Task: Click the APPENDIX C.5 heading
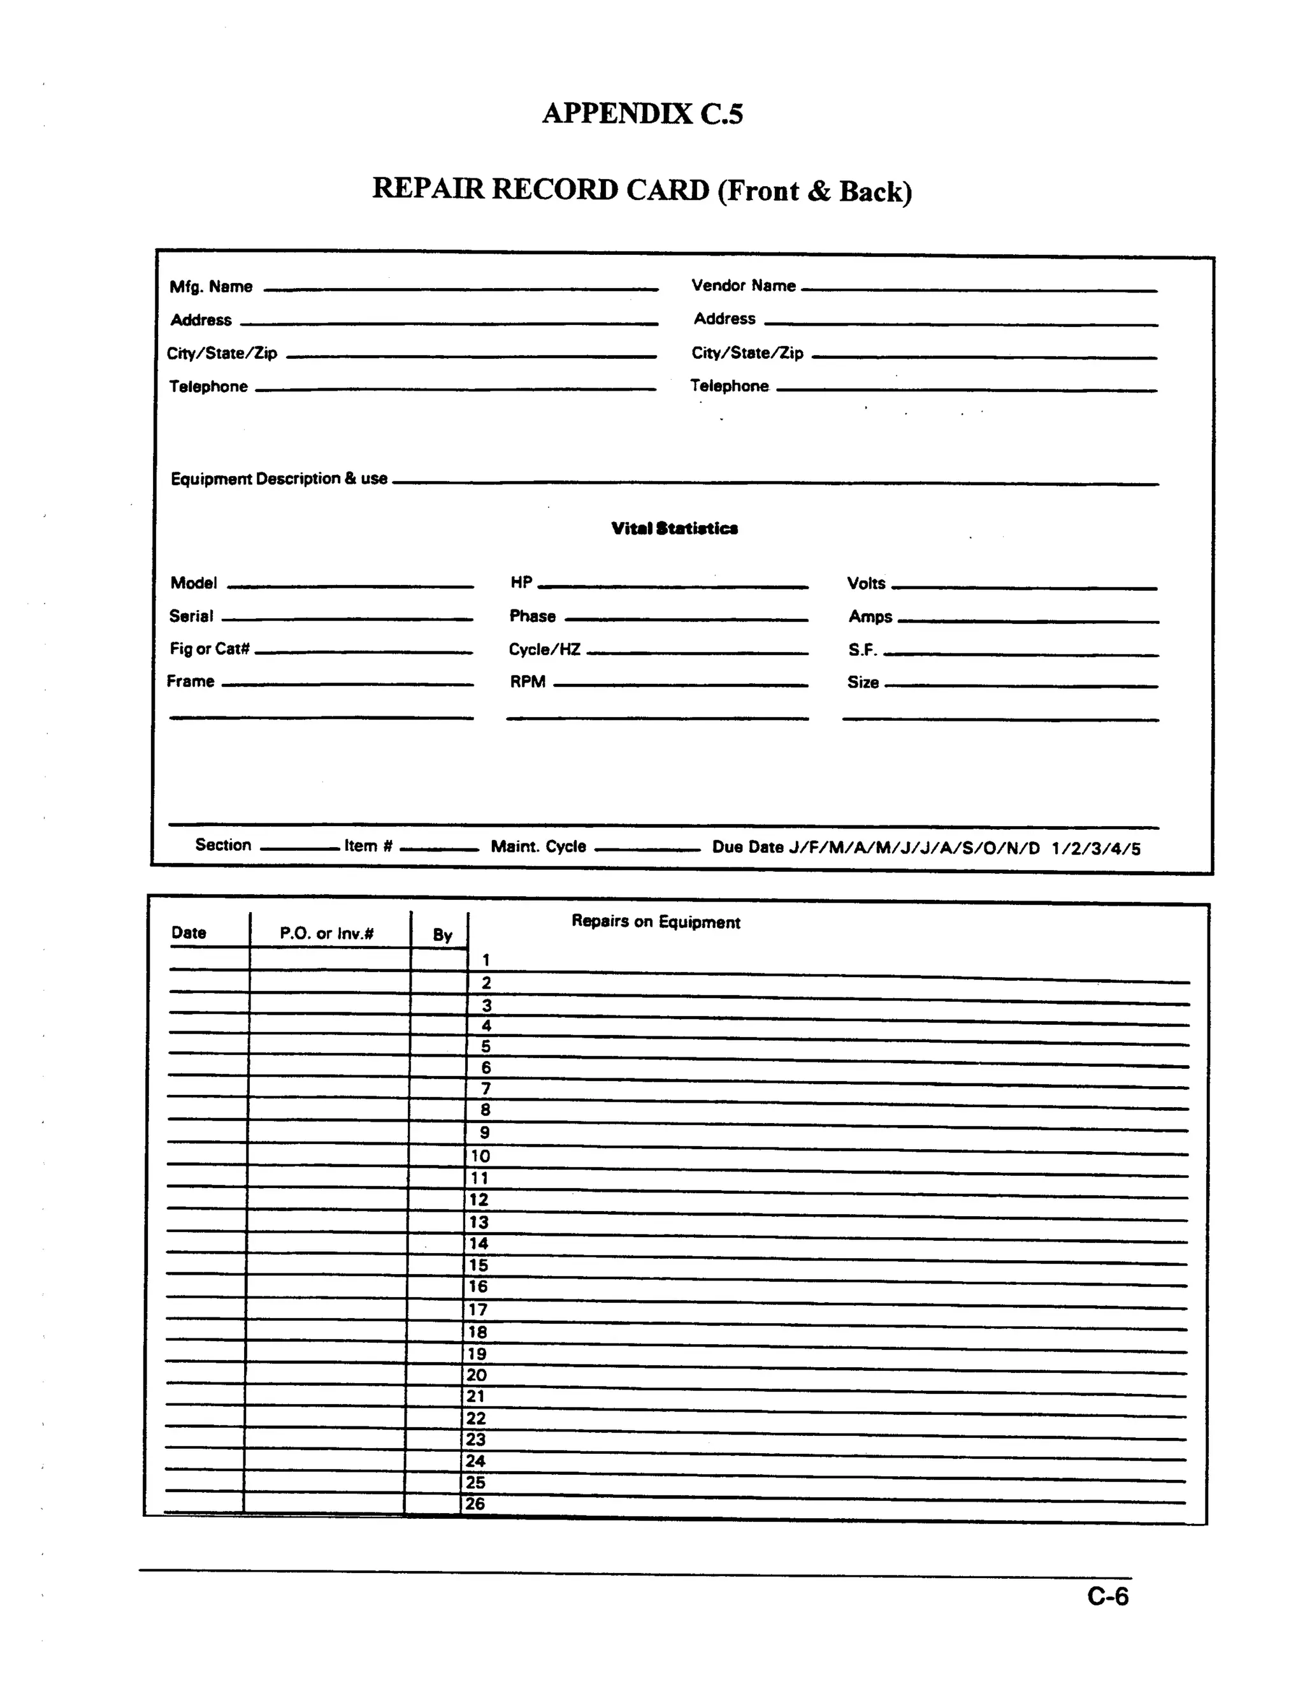(x=642, y=113)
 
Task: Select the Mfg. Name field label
(x=211, y=287)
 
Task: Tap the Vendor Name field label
(x=743, y=286)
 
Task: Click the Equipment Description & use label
(x=278, y=479)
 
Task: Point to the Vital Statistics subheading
(x=674, y=528)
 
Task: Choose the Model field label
(x=193, y=583)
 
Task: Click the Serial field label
(x=191, y=616)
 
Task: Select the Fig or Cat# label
(x=210, y=649)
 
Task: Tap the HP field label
(x=521, y=583)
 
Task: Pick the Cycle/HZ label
(x=544, y=649)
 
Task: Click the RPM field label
(x=527, y=682)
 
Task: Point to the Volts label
(x=866, y=584)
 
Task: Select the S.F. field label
(x=862, y=650)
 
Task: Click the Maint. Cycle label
(x=538, y=847)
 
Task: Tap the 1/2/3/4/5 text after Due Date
(x=1095, y=849)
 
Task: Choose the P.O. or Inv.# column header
(x=326, y=934)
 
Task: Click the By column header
(x=442, y=935)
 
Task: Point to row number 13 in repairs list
(x=479, y=1222)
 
